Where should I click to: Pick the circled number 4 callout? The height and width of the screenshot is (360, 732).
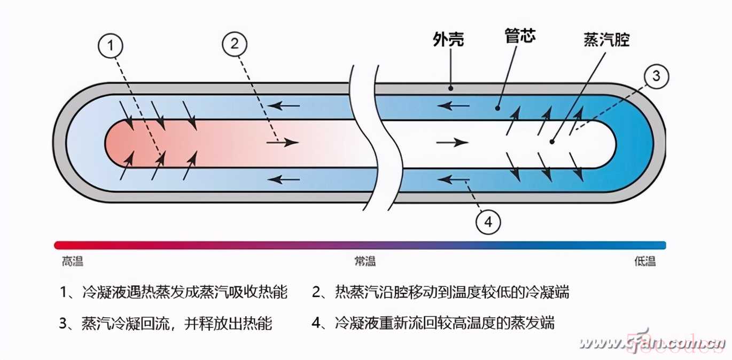488,221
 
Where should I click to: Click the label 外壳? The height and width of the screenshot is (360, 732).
448,40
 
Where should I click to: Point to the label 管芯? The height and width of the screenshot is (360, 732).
520,36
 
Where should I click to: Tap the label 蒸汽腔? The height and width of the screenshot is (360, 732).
606,40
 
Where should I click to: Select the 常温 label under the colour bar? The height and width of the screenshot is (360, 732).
365,262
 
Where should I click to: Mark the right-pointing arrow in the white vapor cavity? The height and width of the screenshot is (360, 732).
452,143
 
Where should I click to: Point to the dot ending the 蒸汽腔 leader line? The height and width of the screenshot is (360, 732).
552,142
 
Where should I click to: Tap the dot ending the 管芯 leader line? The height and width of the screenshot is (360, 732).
497,108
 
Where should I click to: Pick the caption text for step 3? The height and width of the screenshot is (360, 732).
166,323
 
